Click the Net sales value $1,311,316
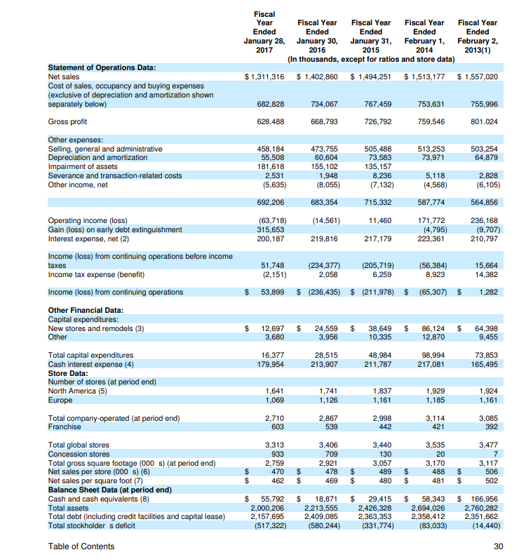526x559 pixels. tap(264, 76)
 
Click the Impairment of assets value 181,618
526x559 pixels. tap(269, 167)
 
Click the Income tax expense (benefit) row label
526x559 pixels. tap(90, 274)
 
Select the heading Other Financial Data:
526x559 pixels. tap(86, 309)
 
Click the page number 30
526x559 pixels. tap(499, 546)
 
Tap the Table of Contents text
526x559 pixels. tap(81, 546)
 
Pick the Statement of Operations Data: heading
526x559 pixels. tap(101, 67)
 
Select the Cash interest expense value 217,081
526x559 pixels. tap(430, 364)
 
